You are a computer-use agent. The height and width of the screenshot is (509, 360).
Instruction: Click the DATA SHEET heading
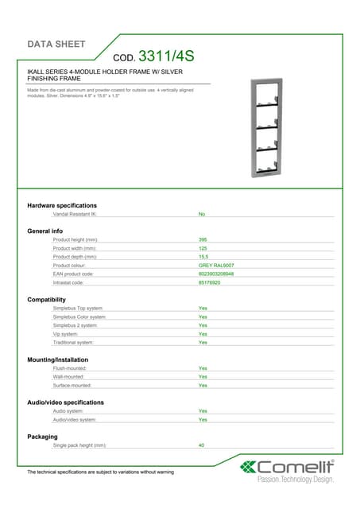tap(56, 44)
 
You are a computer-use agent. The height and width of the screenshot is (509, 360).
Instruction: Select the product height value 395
tap(203, 239)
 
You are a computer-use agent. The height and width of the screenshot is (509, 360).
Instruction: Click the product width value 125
tap(203, 247)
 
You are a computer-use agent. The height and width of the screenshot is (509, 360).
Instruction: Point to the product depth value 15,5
tap(203, 256)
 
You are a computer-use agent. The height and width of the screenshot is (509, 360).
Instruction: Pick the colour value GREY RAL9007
tap(216, 265)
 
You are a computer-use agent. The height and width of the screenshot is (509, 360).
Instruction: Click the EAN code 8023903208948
tap(216, 274)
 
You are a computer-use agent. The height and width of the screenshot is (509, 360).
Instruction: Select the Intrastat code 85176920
tap(210, 282)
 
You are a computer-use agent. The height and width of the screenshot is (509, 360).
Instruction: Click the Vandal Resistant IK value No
tap(202, 214)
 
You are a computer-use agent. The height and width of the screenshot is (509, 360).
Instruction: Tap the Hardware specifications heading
tap(62, 205)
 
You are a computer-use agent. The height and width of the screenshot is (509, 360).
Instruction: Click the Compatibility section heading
tap(47, 299)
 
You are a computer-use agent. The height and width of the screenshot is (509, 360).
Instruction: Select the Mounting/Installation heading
tap(58, 359)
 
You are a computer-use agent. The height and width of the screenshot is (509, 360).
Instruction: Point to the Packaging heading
tap(42, 437)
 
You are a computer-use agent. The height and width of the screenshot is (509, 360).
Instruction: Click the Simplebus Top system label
tap(78, 308)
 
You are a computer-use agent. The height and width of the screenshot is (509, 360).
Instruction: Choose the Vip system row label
tap(65, 333)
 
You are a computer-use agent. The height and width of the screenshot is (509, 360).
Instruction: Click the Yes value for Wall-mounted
tap(203, 376)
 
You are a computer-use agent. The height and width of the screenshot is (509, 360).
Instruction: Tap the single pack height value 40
tap(202, 445)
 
